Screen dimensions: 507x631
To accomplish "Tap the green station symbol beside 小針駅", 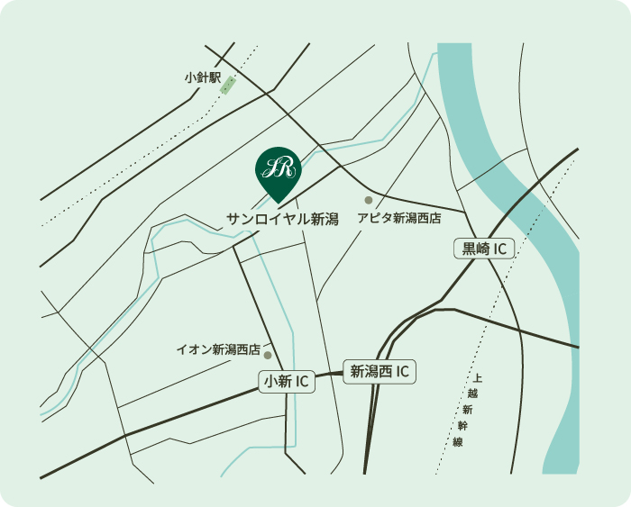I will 227,85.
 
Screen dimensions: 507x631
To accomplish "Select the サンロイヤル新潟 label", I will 282,219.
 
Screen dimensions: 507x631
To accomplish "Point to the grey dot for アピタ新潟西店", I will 368,200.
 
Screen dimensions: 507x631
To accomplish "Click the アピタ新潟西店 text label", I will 398,219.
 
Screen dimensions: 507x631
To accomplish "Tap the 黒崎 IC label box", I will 483,249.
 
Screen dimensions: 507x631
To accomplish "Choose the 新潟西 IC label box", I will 380,370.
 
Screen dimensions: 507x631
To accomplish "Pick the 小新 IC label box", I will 288,382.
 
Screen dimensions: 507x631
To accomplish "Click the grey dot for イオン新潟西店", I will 268,355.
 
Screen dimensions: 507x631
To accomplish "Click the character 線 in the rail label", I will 457,442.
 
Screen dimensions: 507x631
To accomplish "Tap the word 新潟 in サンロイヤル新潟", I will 325,219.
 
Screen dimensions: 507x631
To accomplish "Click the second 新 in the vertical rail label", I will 466,410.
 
